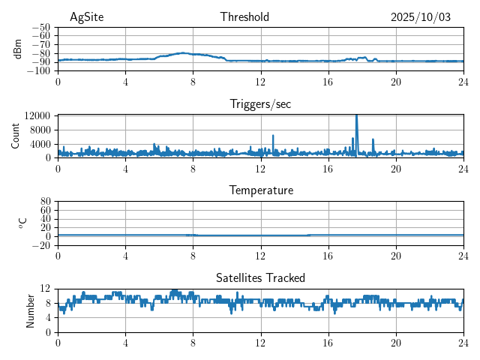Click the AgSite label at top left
click(86, 17)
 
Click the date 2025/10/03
click(420, 17)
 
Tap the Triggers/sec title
click(260, 104)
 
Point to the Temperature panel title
click(260, 190)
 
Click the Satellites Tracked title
click(260, 277)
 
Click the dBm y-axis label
click(19, 49)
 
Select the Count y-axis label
click(16, 136)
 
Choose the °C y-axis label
click(22, 223)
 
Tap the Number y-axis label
click(31, 310)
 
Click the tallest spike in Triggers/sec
click(356, 116)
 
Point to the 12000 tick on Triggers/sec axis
click(37, 115)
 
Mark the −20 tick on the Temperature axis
click(41, 245)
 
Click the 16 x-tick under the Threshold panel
click(328, 82)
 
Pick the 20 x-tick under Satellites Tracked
click(395, 342)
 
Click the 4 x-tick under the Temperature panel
click(125, 256)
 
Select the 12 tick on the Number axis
click(46, 289)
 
